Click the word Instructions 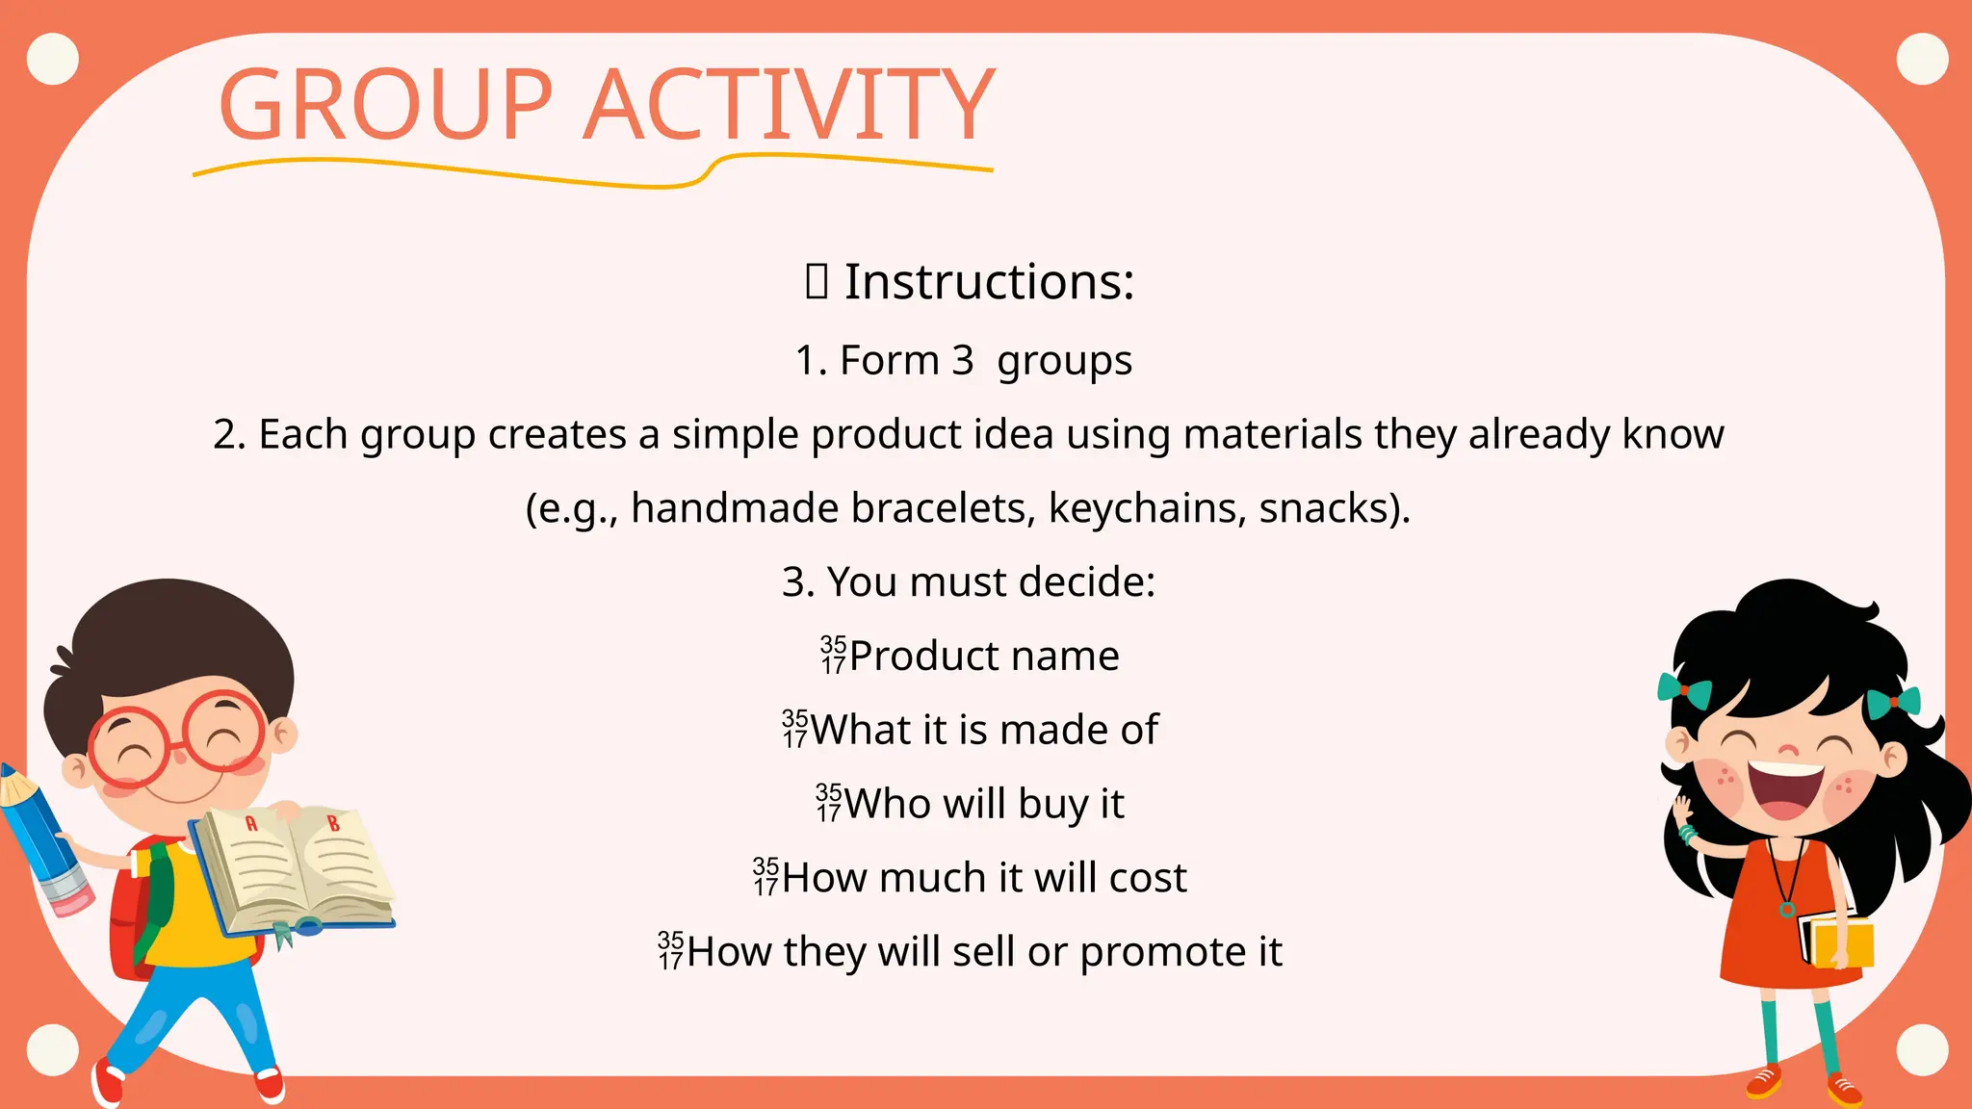[x=989, y=282]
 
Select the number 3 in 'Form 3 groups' [x=963, y=361]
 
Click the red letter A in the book [x=251, y=823]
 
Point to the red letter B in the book [x=333, y=824]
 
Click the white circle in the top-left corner [x=53, y=59]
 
